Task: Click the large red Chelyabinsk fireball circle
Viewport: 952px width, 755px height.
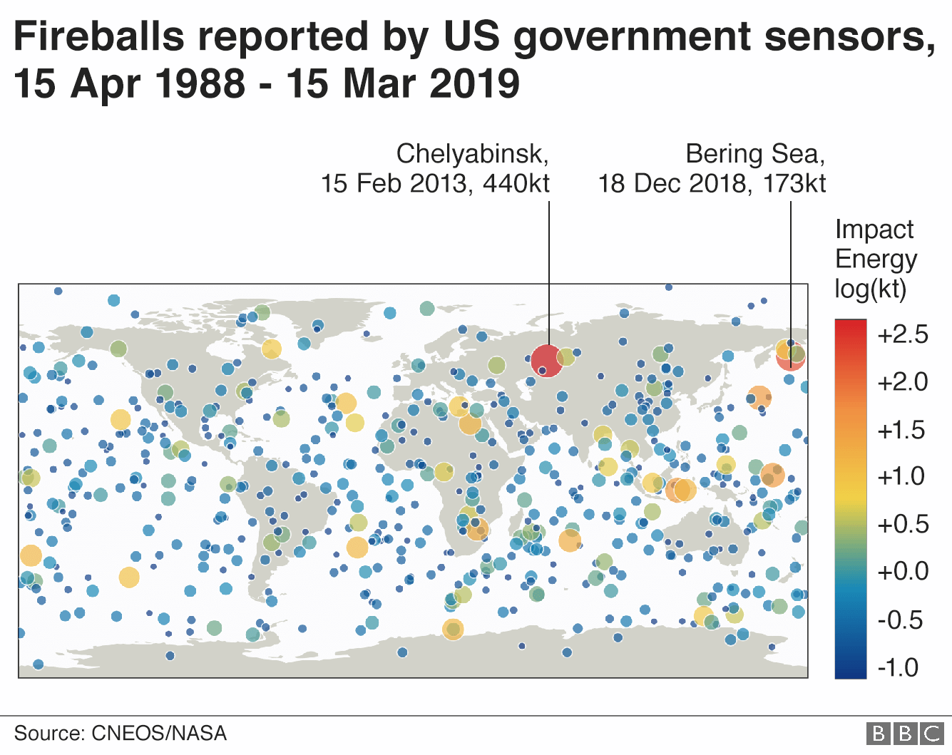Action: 547,360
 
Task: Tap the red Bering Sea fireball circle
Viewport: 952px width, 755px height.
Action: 790,356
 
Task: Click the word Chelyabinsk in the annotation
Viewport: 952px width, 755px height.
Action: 472,154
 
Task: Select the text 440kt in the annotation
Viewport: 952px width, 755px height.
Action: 516,184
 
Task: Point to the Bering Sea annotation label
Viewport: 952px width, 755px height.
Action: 754,154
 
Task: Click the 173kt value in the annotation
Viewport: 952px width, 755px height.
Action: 794,184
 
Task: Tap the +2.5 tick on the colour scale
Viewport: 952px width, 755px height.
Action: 902,334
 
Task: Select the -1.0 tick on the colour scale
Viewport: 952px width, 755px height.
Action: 899,667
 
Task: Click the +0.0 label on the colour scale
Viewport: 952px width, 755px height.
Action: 902,571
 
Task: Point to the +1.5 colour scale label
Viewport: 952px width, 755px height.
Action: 902,430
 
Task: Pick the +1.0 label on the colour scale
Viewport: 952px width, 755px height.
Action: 902,476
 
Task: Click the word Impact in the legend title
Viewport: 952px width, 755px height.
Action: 874,230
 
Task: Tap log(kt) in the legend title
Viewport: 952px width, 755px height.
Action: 870,289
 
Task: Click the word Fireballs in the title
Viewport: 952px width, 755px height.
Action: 98,37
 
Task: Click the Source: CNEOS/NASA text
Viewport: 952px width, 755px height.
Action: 120,733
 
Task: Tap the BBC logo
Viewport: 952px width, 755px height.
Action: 905,733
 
